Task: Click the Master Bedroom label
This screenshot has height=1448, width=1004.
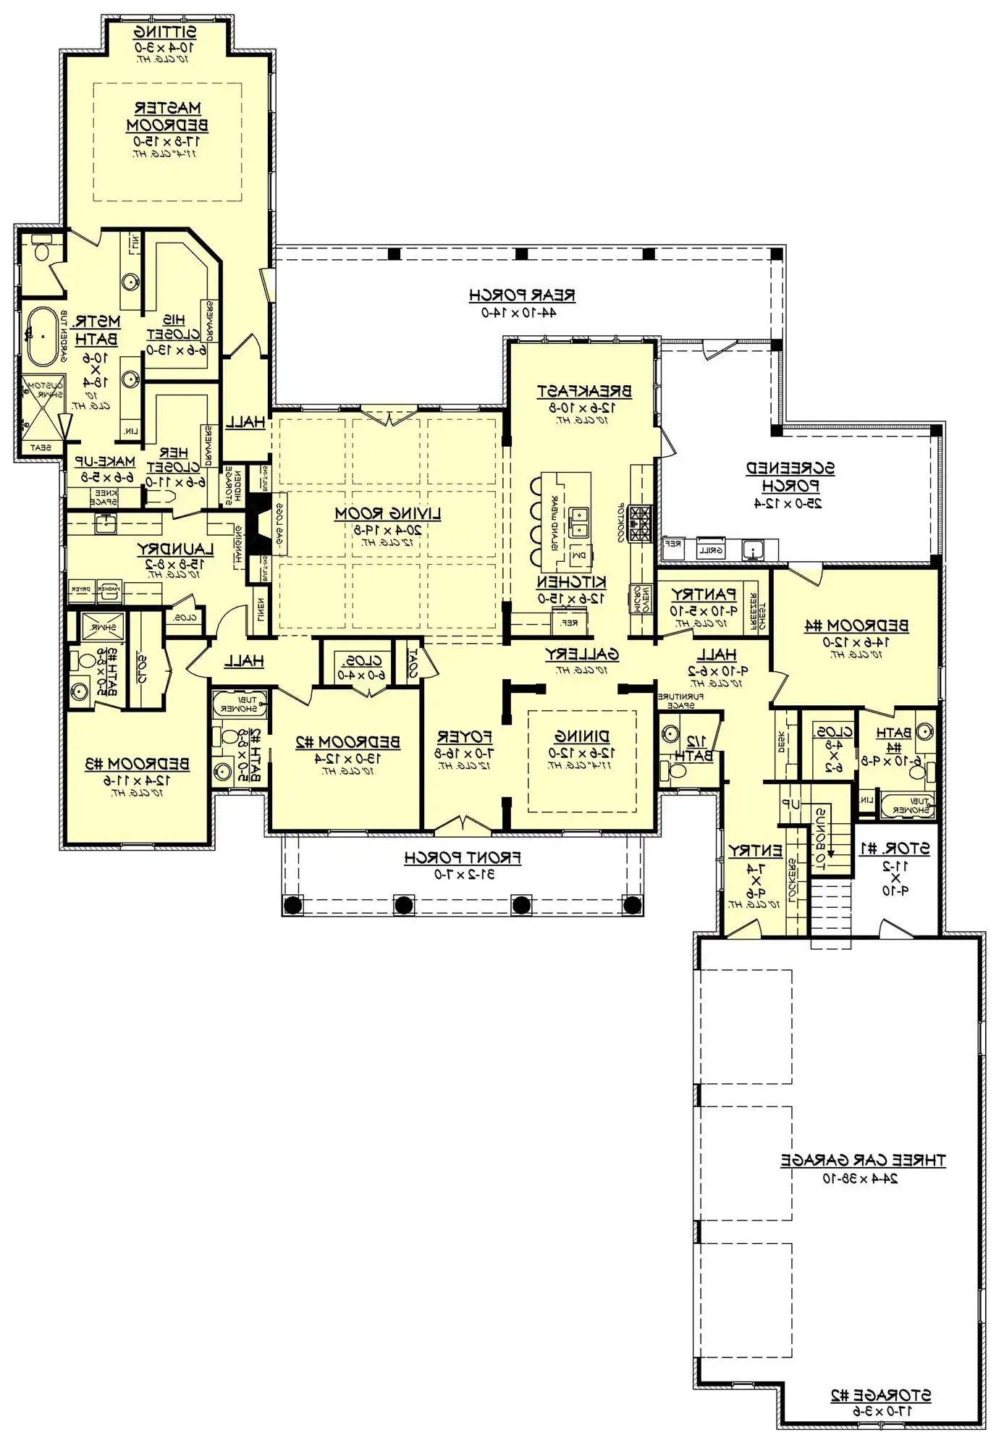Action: click(x=167, y=117)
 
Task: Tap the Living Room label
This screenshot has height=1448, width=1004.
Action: click(x=387, y=513)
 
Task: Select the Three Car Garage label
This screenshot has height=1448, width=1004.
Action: click(x=863, y=1160)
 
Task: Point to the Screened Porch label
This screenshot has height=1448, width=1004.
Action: click(x=790, y=476)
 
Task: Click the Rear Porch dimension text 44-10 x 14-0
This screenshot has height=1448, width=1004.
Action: click(x=519, y=312)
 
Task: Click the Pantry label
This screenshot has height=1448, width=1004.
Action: click(x=704, y=594)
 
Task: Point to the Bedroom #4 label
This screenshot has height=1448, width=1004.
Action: click(x=856, y=625)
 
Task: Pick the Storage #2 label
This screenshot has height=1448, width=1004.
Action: click(x=880, y=1395)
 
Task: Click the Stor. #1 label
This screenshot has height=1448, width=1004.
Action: click(x=895, y=848)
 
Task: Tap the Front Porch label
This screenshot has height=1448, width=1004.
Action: click(x=463, y=857)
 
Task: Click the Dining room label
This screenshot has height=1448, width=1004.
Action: click(x=582, y=736)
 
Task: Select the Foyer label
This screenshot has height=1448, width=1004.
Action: click(x=465, y=737)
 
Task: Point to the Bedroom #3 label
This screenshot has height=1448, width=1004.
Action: click(x=137, y=763)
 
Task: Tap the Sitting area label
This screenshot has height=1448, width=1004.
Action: click(x=166, y=33)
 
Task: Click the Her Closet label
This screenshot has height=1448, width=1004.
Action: click(x=174, y=460)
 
